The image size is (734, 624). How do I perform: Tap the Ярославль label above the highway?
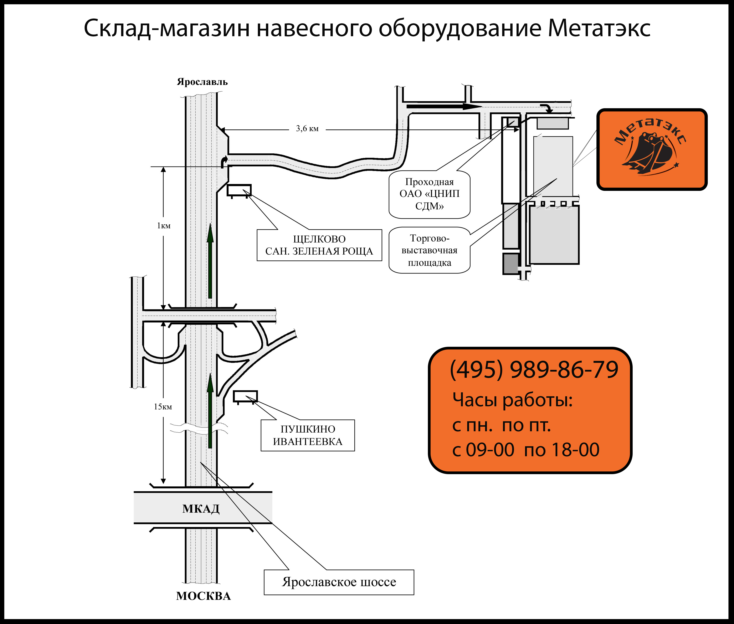point(202,82)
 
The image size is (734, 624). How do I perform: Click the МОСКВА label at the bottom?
point(203,596)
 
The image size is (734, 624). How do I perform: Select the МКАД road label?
point(201,509)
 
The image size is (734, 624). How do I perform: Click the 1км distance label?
point(164,226)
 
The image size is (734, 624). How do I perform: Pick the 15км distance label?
point(163,407)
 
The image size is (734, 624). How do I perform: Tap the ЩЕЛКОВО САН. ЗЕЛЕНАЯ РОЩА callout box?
point(319,245)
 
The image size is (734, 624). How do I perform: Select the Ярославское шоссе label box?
point(339,582)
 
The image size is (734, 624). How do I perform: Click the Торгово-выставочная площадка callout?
point(430,250)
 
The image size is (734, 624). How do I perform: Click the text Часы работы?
point(513,400)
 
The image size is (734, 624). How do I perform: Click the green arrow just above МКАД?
point(210,410)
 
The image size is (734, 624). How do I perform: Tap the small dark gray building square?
point(510,264)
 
